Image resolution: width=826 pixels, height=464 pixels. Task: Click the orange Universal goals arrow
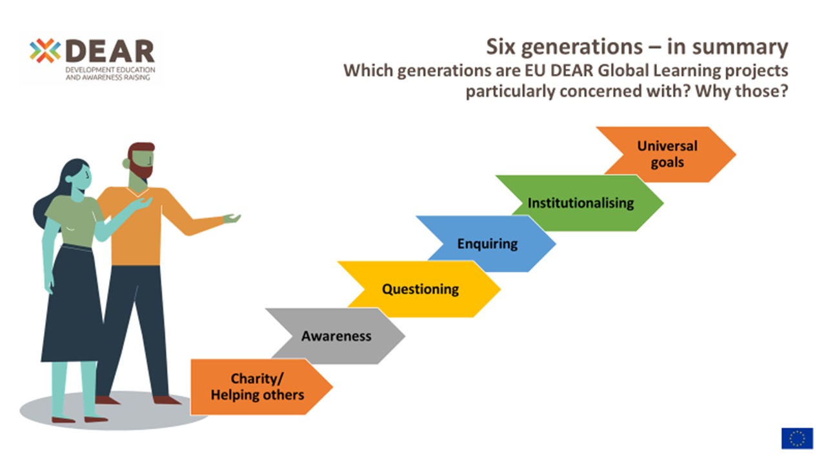(667, 154)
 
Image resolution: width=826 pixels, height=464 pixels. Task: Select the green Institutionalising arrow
(581, 203)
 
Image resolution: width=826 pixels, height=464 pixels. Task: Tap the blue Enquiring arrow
(487, 244)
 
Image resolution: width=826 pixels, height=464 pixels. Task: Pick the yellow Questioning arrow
(420, 289)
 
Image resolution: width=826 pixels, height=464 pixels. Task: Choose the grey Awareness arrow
(336, 336)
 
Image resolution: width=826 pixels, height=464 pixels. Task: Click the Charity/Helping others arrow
(257, 387)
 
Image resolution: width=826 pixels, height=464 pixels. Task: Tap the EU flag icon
(797, 438)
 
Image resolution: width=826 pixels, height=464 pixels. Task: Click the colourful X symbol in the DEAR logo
(45, 51)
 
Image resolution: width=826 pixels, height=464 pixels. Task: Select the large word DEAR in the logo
(110, 51)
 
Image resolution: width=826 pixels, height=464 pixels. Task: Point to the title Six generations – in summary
(636, 47)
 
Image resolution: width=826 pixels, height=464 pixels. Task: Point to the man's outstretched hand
(232, 218)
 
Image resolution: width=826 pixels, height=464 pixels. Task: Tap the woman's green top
(72, 219)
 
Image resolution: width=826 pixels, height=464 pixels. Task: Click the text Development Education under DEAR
(110, 69)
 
